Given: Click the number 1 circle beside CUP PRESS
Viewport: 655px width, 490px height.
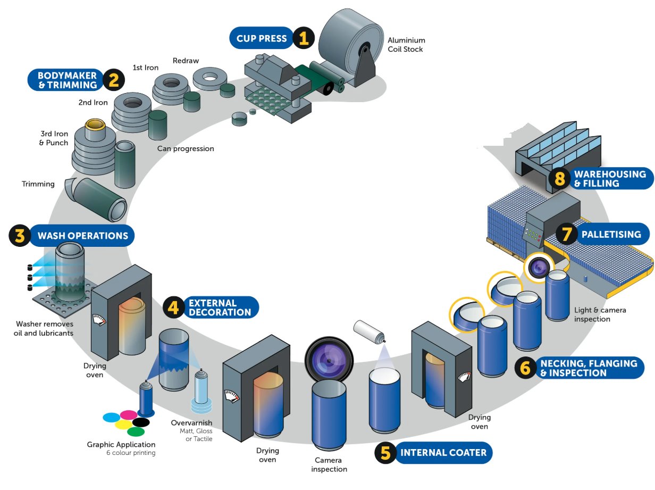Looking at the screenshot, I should (x=303, y=38).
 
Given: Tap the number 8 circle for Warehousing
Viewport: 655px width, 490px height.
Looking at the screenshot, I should (x=560, y=178).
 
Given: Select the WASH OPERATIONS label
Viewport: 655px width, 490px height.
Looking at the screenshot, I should (x=82, y=236).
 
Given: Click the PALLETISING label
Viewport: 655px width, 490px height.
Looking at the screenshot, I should (x=611, y=234).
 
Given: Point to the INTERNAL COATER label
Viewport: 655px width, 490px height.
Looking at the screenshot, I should (x=443, y=453).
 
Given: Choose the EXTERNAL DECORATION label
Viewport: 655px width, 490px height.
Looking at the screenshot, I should (x=220, y=308).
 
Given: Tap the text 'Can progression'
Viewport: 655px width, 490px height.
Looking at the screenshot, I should (x=186, y=148).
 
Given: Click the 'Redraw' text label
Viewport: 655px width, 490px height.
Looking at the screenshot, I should (x=186, y=61).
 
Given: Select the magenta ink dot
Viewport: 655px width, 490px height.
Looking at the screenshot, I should (x=129, y=414).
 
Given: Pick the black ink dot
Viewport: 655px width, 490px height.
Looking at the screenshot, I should (x=140, y=422).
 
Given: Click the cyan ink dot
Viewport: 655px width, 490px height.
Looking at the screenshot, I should (x=111, y=417).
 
